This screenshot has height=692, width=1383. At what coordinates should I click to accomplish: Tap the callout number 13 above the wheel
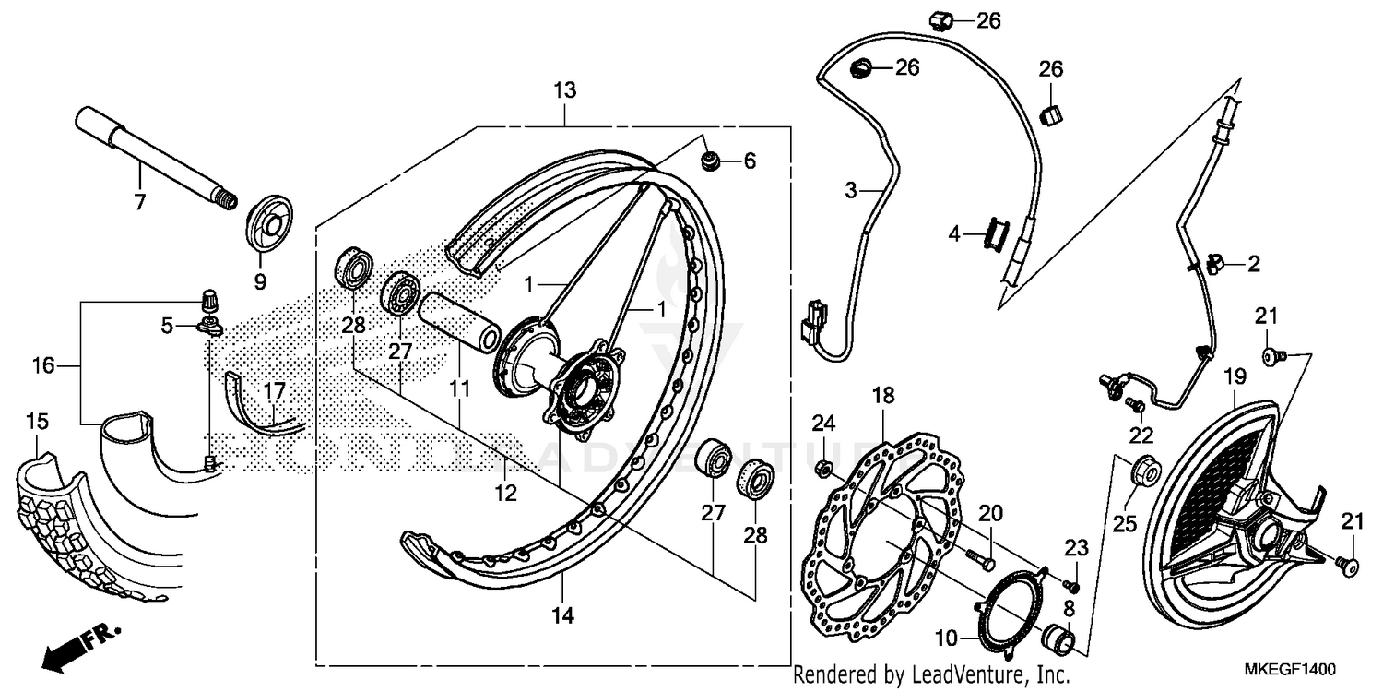(x=564, y=90)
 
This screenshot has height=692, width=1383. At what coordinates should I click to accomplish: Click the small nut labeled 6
(x=711, y=162)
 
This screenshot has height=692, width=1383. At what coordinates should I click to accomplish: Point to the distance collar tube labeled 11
(x=461, y=320)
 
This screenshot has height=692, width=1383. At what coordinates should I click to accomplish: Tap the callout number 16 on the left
(x=43, y=366)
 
